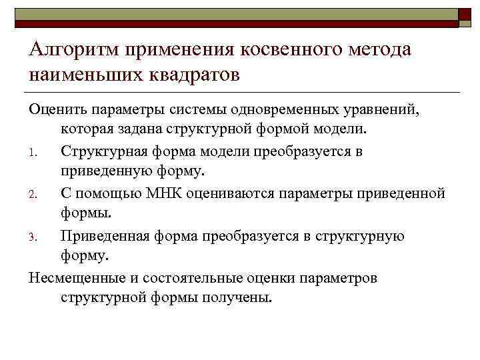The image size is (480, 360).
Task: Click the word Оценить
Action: (55, 108)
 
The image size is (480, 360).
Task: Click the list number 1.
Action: (33, 153)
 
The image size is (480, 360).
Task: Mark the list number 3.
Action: (33, 238)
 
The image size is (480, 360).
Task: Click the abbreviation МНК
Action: (163, 194)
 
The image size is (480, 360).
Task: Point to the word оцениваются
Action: (235, 194)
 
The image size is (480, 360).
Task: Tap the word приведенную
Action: (101, 171)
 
